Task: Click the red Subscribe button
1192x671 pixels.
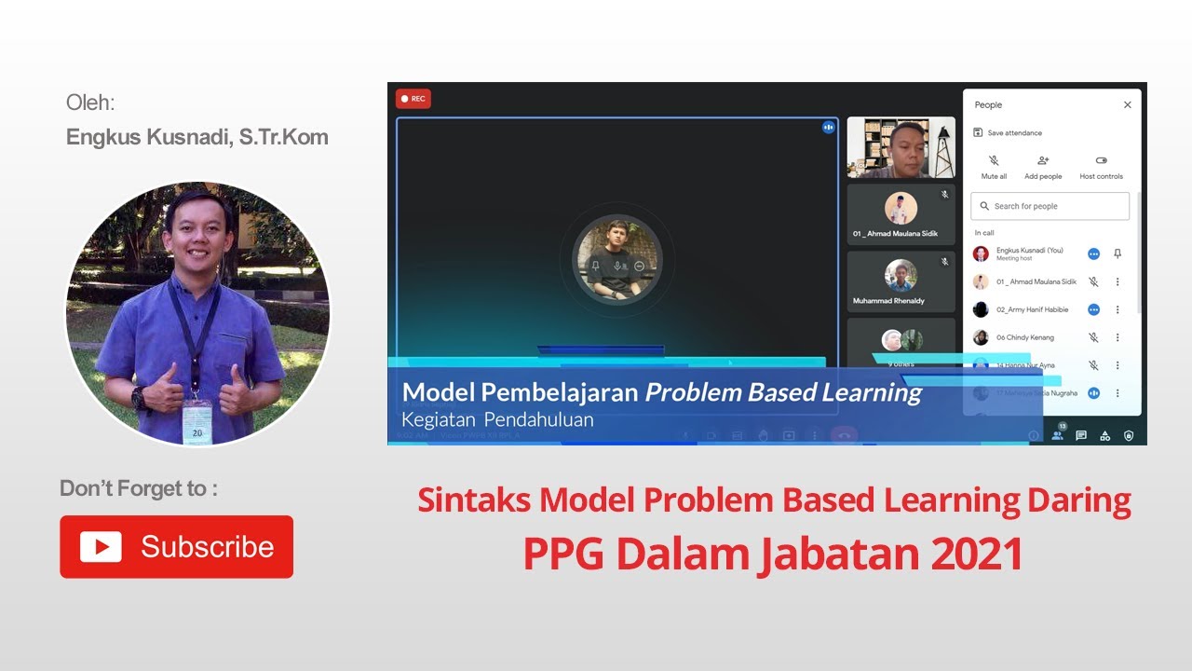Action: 176,546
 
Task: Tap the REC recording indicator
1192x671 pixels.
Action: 413,99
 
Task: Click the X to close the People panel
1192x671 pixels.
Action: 1127,105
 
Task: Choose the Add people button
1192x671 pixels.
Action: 1043,166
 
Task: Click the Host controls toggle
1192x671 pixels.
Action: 1101,166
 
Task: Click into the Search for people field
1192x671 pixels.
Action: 1050,206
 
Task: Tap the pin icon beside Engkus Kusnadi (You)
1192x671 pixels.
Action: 1117,253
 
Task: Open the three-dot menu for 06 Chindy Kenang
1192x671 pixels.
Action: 1117,337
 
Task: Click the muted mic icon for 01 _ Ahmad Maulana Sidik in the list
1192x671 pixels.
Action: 1093,281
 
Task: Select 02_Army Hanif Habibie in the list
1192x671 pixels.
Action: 1019,309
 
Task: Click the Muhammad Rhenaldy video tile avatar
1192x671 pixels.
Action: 901,276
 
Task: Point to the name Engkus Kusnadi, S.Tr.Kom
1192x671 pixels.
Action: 197,137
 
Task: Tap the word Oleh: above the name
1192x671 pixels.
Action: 90,103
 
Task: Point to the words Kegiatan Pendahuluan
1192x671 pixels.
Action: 497,419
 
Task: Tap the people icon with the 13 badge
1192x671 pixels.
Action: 1057,434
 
